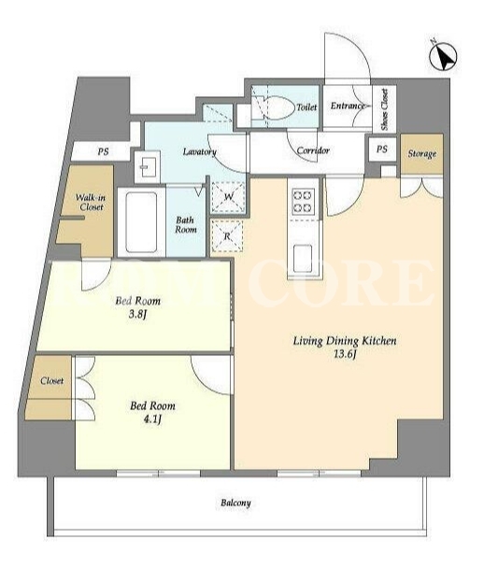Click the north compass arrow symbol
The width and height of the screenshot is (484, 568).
[443, 57]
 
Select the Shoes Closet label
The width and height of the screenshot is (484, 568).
[384, 109]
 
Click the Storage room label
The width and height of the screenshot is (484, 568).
[422, 154]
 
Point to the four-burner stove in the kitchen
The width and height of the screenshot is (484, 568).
[303, 201]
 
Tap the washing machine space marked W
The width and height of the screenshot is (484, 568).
[228, 197]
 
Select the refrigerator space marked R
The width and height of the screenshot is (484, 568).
[227, 236]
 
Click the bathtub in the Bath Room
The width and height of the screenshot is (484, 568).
[141, 222]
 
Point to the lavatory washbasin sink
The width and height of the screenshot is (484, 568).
[147, 166]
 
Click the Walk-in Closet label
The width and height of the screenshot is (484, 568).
[91, 203]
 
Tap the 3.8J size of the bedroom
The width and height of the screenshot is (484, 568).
[137, 314]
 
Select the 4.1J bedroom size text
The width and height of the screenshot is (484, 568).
[152, 419]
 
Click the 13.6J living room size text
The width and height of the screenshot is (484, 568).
[345, 354]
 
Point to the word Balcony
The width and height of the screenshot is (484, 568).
[235, 504]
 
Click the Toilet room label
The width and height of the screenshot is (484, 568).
[306, 107]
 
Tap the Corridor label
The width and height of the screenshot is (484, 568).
[313, 150]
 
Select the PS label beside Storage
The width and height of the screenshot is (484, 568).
[381, 149]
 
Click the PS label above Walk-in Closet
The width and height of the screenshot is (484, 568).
[103, 151]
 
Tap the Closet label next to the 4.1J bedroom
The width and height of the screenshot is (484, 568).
[51, 381]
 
